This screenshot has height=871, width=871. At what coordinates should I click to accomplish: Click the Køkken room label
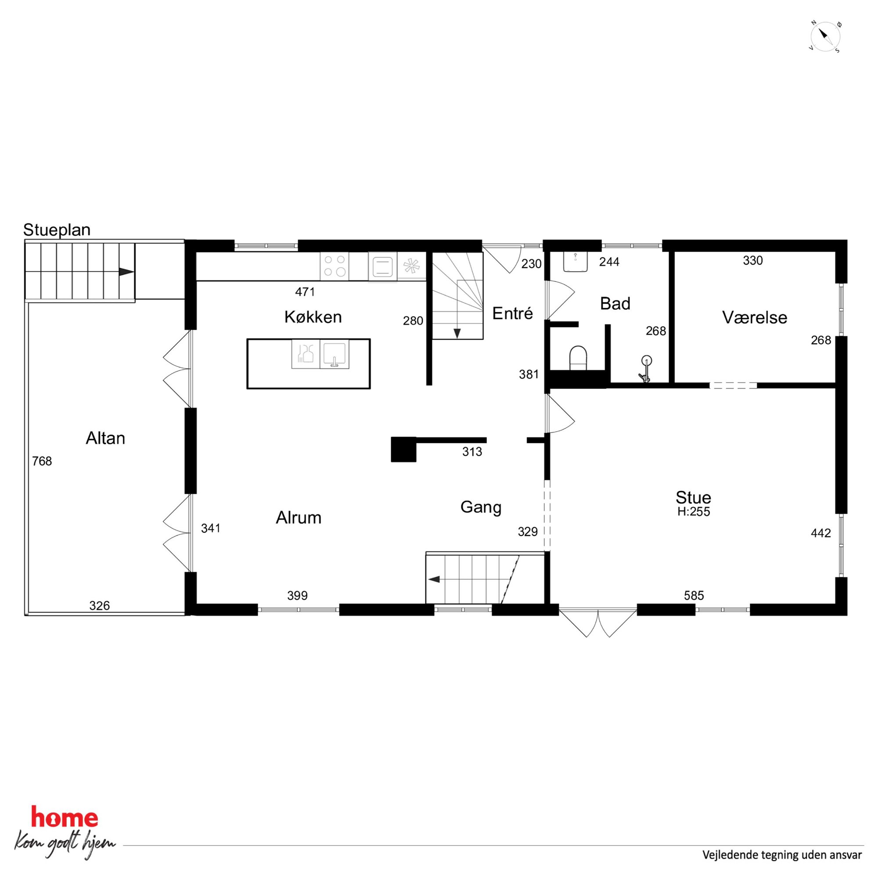313,317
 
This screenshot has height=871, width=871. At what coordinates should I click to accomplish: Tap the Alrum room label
299,518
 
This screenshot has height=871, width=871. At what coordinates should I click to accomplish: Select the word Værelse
755,317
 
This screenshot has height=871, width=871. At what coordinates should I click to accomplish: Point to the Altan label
105,438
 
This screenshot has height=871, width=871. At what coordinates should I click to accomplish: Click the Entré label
513,313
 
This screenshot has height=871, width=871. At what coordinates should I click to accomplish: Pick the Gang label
481,507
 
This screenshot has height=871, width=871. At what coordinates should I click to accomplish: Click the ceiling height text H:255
693,512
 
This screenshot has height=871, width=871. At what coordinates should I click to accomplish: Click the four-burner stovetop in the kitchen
335,266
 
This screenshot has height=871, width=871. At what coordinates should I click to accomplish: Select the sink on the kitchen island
334,354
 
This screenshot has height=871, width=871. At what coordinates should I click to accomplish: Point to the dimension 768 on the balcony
42,461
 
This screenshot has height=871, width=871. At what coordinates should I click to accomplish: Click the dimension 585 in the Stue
694,596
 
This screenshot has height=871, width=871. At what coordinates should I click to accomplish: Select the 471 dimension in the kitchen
305,292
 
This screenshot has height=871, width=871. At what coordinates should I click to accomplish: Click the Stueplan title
57,230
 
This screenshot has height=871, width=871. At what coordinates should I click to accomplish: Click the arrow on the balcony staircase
127,272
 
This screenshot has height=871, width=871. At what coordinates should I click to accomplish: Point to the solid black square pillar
403,450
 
